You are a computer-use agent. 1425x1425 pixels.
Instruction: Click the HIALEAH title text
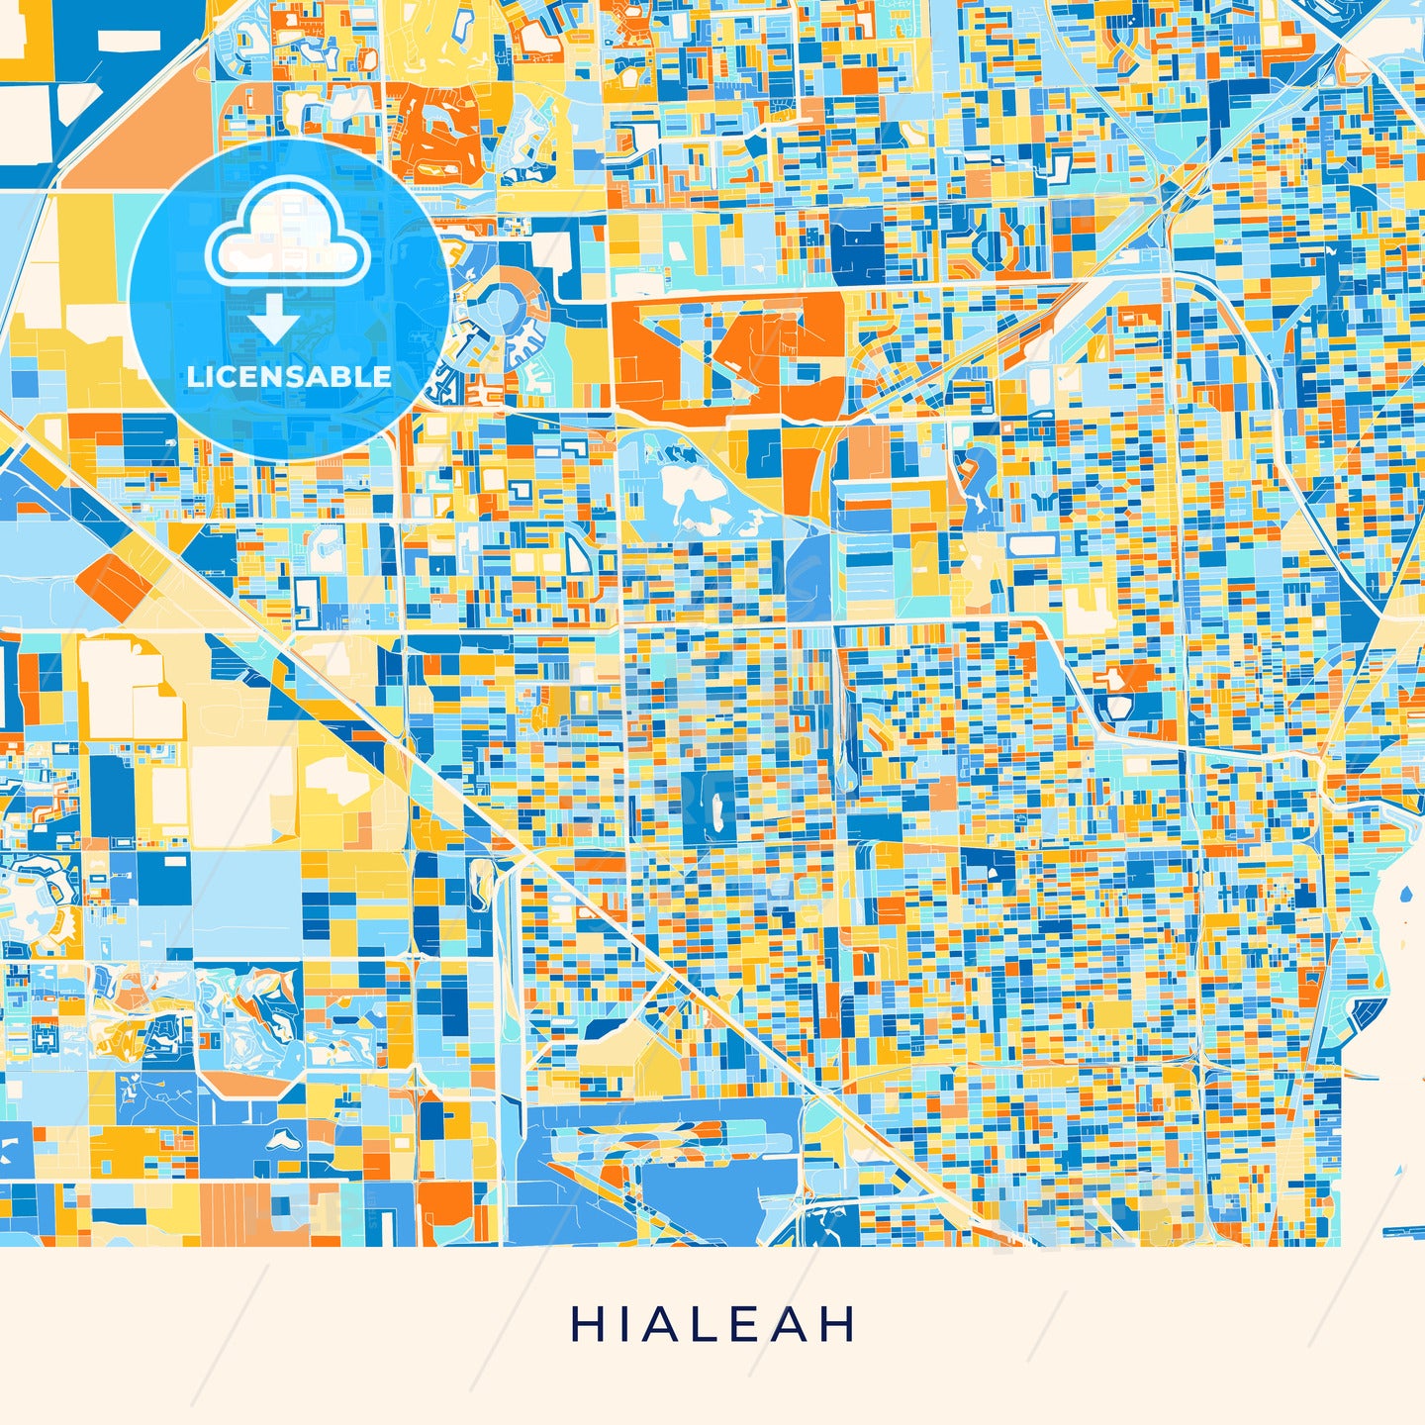[712, 1324]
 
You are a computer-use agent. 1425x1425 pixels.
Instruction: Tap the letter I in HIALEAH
[621, 1324]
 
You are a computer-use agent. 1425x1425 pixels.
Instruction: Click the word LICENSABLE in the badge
[289, 376]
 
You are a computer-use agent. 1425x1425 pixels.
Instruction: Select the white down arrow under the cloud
[274, 319]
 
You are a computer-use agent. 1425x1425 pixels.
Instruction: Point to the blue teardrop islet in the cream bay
[1406, 896]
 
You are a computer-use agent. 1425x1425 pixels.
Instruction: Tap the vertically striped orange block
[241, 1212]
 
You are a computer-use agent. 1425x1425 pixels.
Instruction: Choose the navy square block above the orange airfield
[857, 242]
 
